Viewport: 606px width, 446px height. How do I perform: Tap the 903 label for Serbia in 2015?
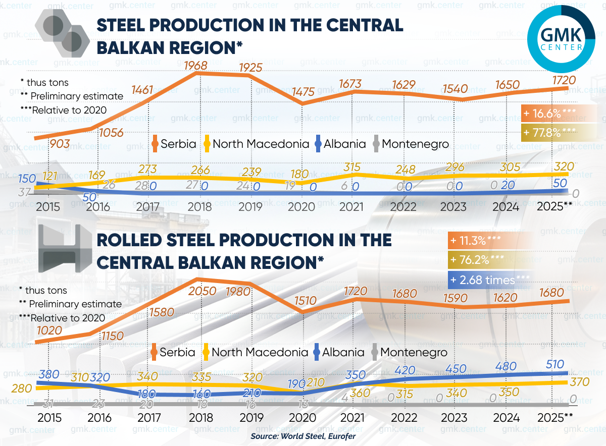click(x=60, y=144)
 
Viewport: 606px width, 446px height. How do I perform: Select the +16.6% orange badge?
click(x=550, y=114)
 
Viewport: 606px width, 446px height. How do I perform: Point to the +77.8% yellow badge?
click(x=550, y=133)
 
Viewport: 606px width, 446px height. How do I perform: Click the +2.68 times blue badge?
click(x=489, y=280)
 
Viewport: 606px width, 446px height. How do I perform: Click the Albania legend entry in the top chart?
click(x=340, y=144)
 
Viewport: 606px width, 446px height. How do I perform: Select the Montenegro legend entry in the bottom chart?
click(x=409, y=352)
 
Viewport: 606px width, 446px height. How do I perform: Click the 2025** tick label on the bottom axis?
click(x=554, y=417)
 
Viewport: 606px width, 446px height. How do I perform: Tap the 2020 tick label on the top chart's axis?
click(x=301, y=207)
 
